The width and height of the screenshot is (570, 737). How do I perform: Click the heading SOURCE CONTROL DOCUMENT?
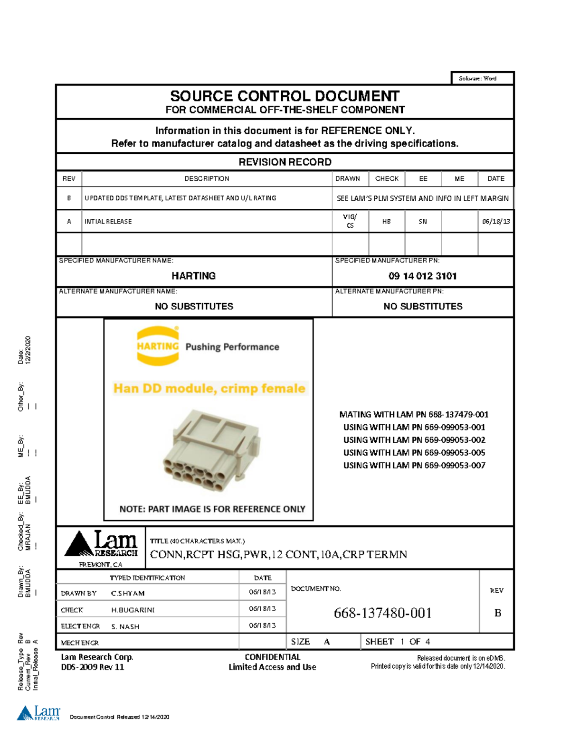(x=285, y=96)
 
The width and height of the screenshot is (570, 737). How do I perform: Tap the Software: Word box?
(x=477, y=78)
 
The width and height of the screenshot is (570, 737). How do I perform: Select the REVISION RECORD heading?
(x=285, y=162)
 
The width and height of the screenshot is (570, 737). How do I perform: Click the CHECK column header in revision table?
(x=387, y=179)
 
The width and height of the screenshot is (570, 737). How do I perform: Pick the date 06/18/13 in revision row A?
(x=495, y=222)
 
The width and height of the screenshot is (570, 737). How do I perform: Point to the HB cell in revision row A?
(x=387, y=222)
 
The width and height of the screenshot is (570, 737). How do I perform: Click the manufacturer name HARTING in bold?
(x=193, y=276)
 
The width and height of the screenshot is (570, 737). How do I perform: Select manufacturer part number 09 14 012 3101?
(x=422, y=276)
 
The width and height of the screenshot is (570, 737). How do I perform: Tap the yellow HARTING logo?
(x=158, y=346)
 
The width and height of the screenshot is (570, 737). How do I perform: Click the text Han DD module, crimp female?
(x=209, y=388)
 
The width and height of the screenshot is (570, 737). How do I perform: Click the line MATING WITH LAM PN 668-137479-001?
(x=414, y=414)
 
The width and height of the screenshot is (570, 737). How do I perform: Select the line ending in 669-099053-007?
(x=414, y=466)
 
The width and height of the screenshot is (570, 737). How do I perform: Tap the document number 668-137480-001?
(x=382, y=613)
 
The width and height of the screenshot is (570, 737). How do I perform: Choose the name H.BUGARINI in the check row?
(x=133, y=610)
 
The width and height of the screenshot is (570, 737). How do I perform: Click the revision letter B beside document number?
(x=497, y=613)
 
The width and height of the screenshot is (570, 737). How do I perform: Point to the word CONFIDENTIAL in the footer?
(x=272, y=657)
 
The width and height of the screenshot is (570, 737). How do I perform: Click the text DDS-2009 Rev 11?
(x=93, y=667)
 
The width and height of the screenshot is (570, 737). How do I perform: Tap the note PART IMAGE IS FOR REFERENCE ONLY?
(x=212, y=509)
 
